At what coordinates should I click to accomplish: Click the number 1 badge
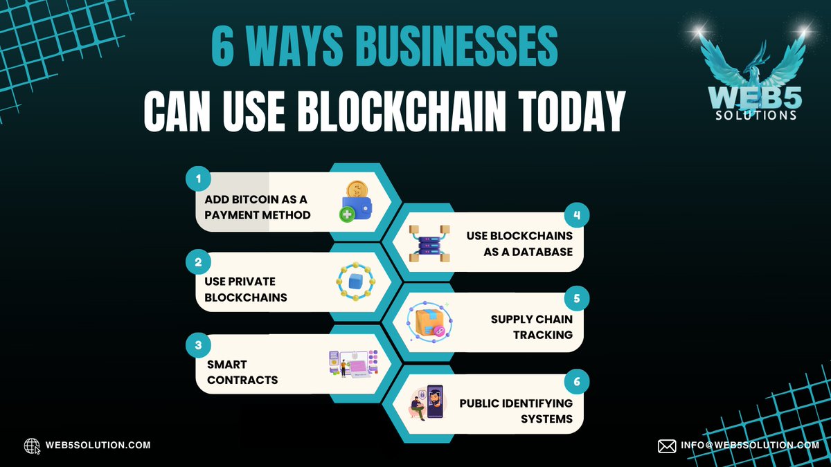click(x=198, y=179)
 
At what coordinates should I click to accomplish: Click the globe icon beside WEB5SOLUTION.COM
click(x=32, y=446)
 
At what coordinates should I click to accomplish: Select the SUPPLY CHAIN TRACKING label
click(x=532, y=327)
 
